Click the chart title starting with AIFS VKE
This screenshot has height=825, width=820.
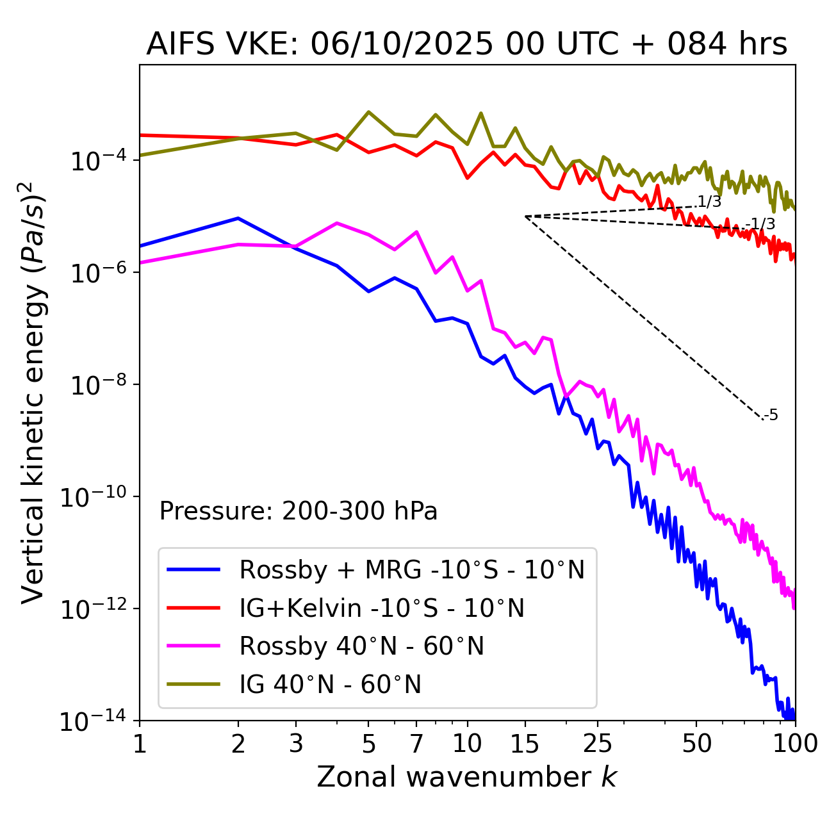click(x=466, y=45)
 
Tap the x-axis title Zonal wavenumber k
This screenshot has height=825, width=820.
click(x=466, y=776)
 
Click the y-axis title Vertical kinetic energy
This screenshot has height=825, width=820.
click(x=33, y=392)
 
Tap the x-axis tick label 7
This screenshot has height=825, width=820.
click(x=416, y=744)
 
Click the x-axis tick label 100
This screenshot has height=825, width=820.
click(x=794, y=744)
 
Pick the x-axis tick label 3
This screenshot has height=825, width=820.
click(x=296, y=744)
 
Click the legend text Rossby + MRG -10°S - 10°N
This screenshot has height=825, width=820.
click(x=412, y=569)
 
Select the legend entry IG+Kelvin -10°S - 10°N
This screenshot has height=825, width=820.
click(x=382, y=608)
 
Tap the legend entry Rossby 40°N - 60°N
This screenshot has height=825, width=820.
click(x=361, y=646)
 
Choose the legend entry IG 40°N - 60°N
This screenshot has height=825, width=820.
click(x=330, y=685)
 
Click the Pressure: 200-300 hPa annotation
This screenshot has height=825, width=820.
click(x=299, y=511)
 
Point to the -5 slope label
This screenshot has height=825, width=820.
click(x=771, y=416)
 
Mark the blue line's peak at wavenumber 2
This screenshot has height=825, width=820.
click(x=238, y=218)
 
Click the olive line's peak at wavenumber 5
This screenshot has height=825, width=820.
click(x=368, y=112)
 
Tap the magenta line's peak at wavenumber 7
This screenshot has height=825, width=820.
click(x=416, y=232)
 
